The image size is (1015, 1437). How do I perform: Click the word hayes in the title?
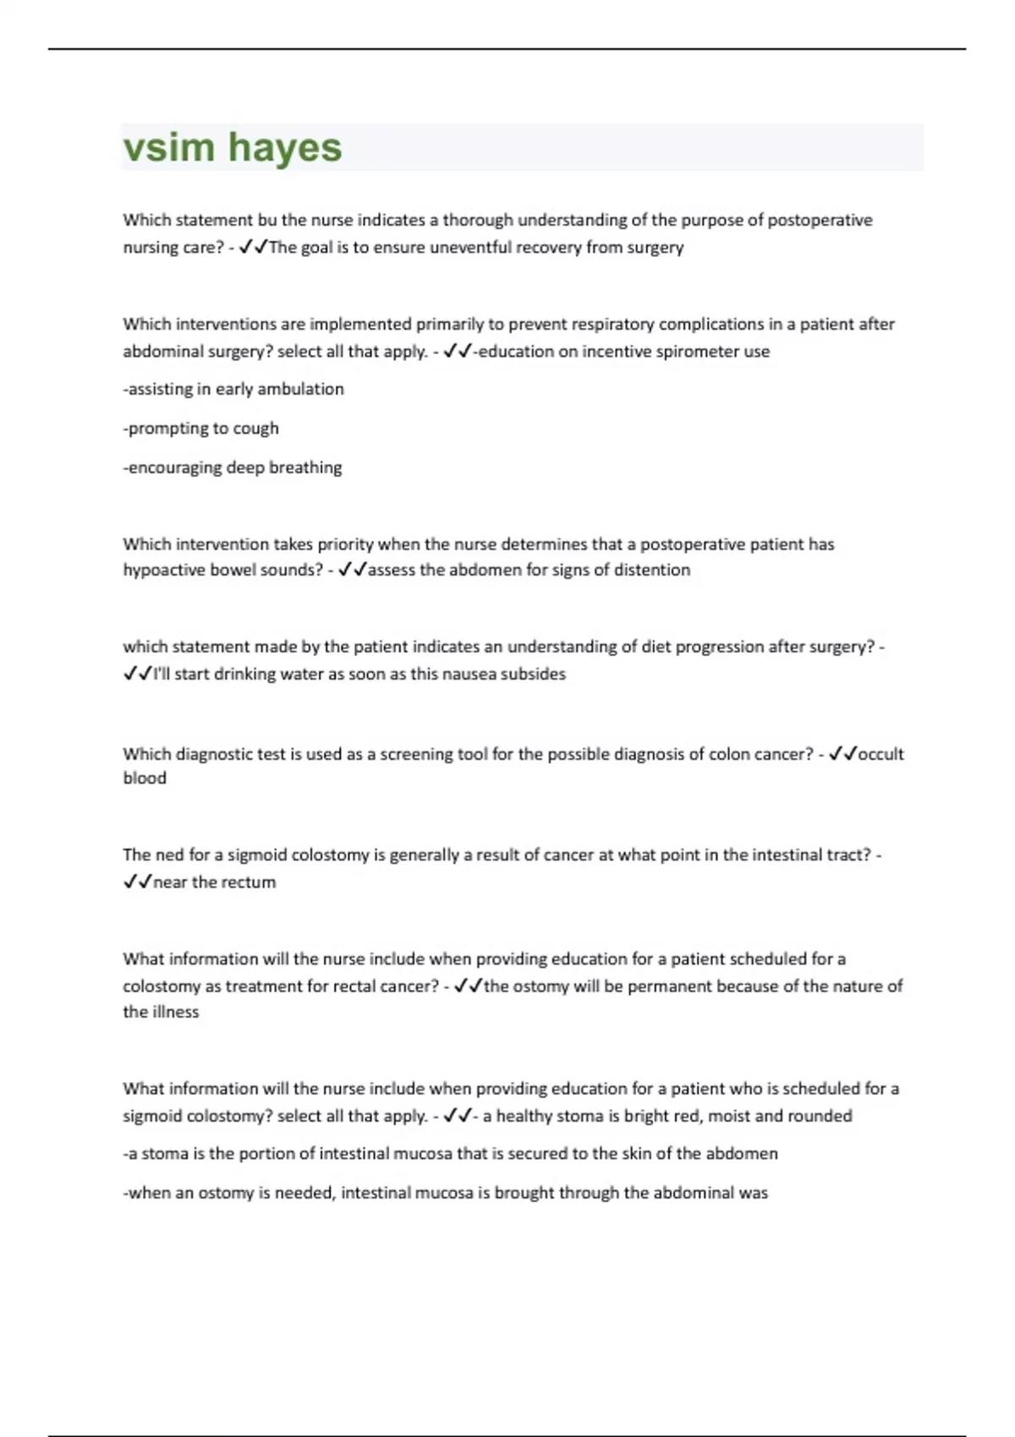285,147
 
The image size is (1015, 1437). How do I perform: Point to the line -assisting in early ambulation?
233,390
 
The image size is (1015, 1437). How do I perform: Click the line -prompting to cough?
200,429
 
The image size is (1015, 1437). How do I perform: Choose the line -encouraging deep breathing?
233,467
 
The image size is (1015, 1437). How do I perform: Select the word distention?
653,570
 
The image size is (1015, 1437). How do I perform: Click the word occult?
881,754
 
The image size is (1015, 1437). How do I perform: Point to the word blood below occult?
145,779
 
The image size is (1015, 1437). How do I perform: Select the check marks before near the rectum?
137,882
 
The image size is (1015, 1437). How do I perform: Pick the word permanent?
667,986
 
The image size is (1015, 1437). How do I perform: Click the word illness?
175,1012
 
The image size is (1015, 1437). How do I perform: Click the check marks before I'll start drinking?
137,674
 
